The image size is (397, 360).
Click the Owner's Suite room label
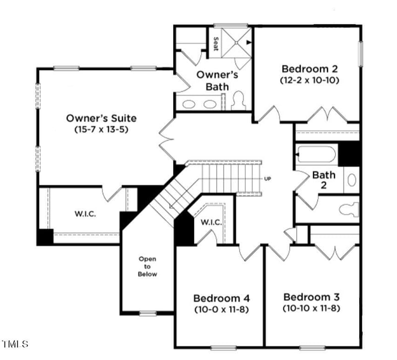(x=101, y=118)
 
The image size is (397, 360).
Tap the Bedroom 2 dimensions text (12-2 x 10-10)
(x=310, y=80)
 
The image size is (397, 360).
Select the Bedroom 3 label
(x=311, y=297)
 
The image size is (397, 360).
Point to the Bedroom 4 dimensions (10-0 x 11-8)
(x=221, y=309)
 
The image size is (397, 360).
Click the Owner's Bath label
(x=217, y=80)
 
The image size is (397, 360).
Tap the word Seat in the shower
(x=215, y=44)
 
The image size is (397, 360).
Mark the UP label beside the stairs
(x=268, y=179)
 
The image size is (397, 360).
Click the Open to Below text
(x=147, y=267)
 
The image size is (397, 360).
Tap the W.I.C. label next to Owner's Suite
(x=85, y=214)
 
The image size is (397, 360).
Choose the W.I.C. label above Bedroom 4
(x=211, y=222)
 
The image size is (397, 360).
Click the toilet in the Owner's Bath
(x=237, y=100)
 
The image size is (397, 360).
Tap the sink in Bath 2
(x=351, y=179)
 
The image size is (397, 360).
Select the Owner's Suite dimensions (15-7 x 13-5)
(x=101, y=130)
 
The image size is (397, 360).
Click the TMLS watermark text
(x=15, y=344)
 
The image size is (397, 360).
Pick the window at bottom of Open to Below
(x=147, y=313)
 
